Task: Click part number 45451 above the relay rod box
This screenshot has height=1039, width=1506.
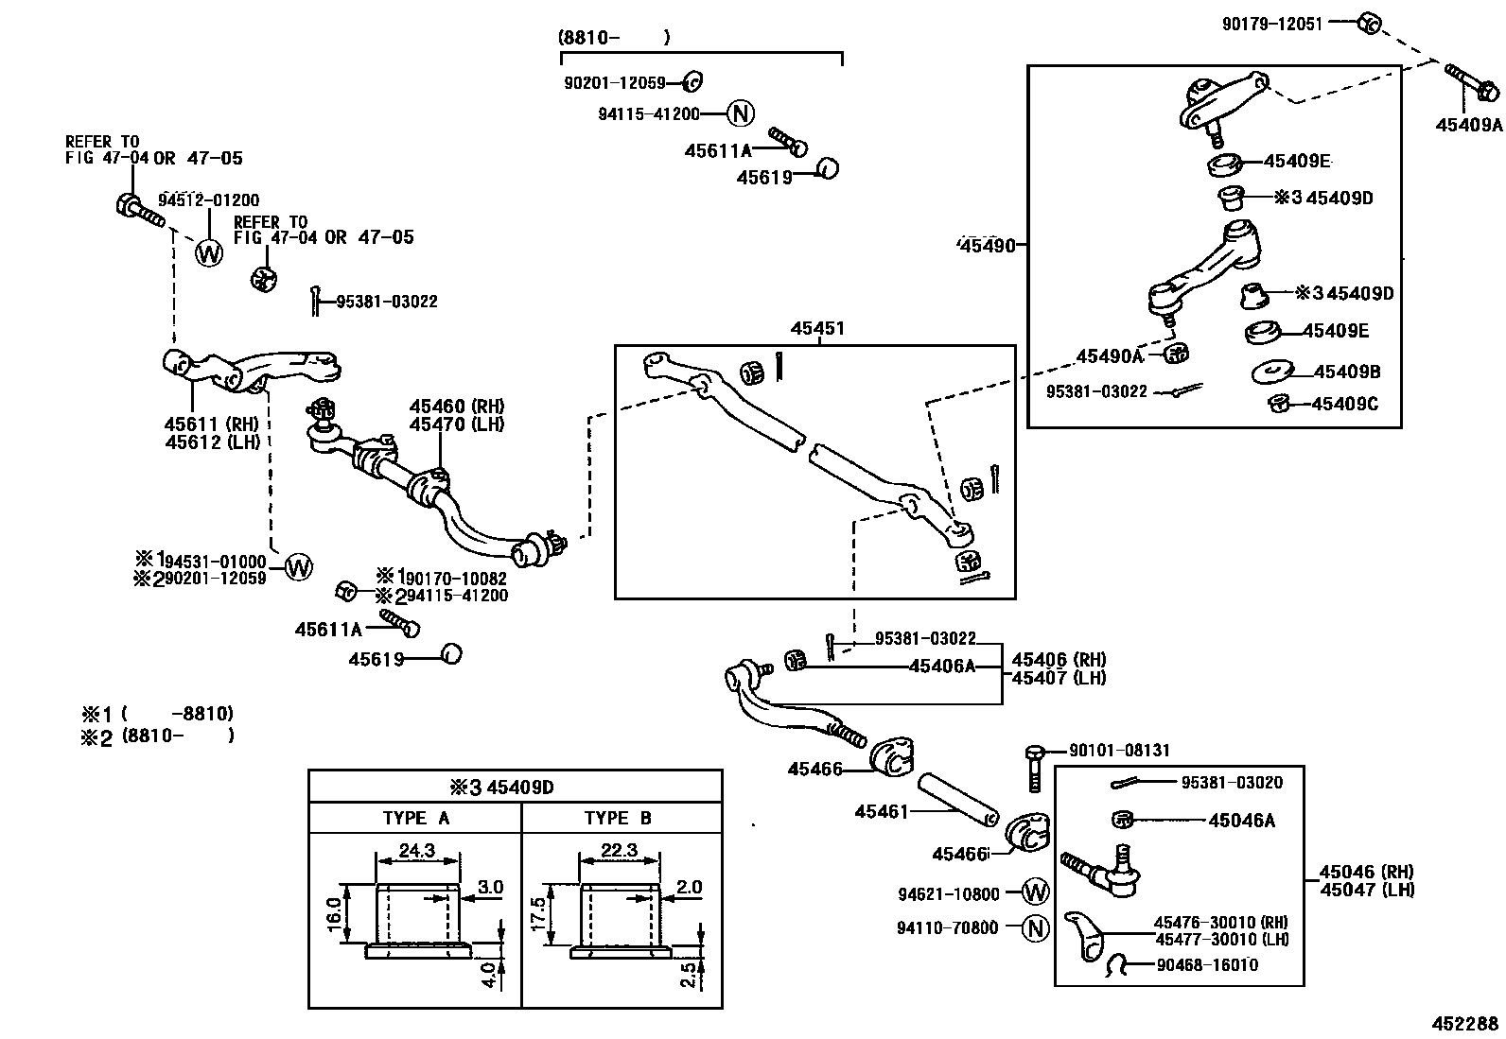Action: tap(817, 329)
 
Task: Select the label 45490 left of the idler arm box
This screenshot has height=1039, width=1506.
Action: tap(987, 246)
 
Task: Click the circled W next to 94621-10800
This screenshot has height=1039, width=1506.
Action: tap(1037, 892)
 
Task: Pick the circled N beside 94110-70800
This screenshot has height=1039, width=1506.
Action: tap(1037, 928)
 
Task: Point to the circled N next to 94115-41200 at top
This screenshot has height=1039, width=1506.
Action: tap(741, 114)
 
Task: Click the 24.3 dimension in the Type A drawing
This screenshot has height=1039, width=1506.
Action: tap(416, 851)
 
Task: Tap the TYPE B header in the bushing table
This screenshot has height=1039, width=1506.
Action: tap(618, 819)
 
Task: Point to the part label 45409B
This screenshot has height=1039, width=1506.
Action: tap(1347, 372)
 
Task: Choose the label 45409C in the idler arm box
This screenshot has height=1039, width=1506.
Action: tap(1344, 405)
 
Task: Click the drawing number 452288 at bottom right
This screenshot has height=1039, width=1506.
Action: tap(1463, 1023)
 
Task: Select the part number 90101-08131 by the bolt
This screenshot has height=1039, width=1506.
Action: tap(1119, 751)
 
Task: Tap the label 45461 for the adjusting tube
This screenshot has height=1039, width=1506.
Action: tap(881, 811)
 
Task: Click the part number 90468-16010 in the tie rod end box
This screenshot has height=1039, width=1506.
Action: tap(1207, 965)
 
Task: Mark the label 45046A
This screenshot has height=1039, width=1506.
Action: tap(1241, 821)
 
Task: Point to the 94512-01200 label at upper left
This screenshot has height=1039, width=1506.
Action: tap(208, 200)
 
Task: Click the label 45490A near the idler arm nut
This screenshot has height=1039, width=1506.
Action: tap(1109, 356)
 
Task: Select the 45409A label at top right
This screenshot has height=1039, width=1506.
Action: tap(1467, 124)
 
